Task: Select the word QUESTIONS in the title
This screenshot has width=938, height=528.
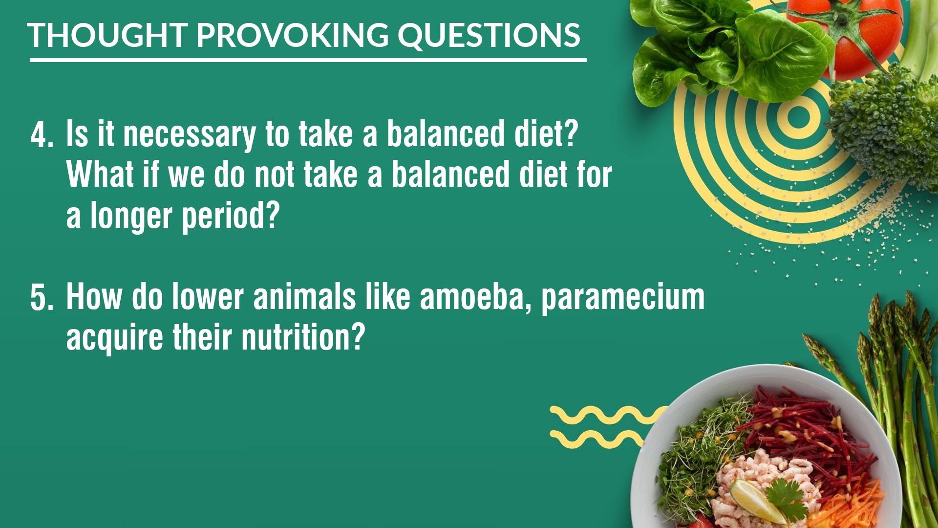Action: click(489, 36)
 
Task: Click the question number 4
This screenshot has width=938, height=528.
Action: click(42, 135)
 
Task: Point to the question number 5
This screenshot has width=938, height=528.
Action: click(42, 298)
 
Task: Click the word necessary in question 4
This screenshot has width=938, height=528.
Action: click(189, 135)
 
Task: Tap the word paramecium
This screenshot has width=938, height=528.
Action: click(623, 299)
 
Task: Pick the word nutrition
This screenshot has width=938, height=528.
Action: click(303, 337)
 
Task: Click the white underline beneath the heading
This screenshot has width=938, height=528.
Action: click(308, 60)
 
